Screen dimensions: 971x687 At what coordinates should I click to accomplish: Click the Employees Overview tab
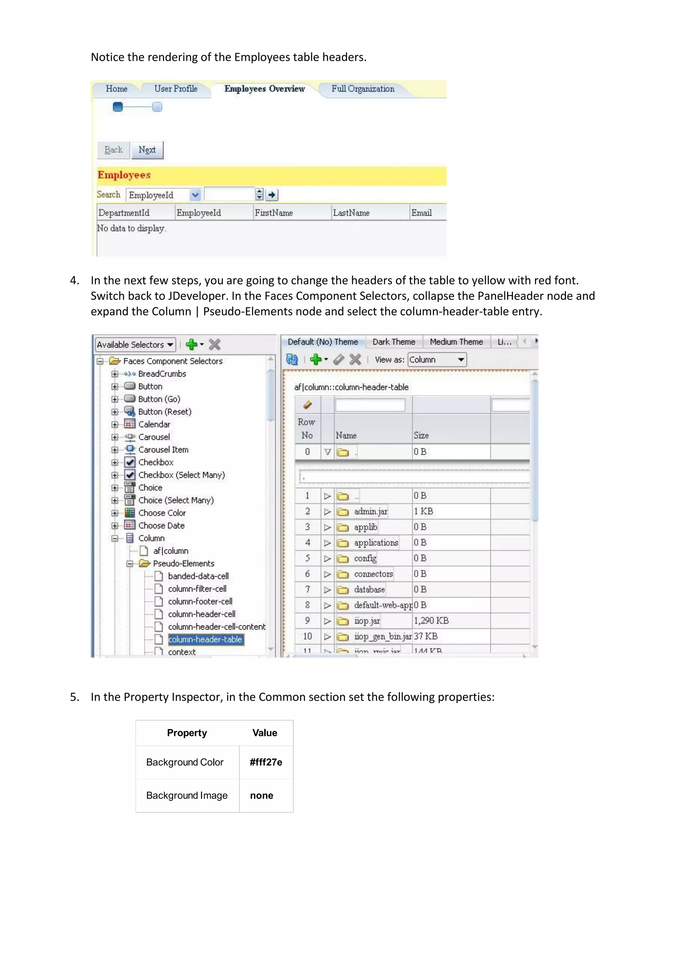[x=264, y=89]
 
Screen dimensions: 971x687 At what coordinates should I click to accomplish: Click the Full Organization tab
[x=363, y=89]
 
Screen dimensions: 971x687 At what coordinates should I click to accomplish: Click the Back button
[x=113, y=150]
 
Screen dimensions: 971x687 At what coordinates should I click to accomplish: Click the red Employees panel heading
[x=124, y=175]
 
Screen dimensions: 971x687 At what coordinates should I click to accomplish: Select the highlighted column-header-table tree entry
[x=205, y=639]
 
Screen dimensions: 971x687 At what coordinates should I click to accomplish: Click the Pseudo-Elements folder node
[x=183, y=564]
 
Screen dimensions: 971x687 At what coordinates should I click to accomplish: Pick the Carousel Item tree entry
[x=163, y=450]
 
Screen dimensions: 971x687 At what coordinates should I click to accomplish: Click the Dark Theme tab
[x=393, y=342]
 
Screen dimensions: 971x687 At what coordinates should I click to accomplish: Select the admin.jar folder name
[x=371, y=512]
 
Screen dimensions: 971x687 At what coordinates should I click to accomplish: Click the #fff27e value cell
[x=266, y=762]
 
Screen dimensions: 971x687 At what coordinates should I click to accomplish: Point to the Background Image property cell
[x=187, y=796]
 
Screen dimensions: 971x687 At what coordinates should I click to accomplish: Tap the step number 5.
[x=74, y=697]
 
